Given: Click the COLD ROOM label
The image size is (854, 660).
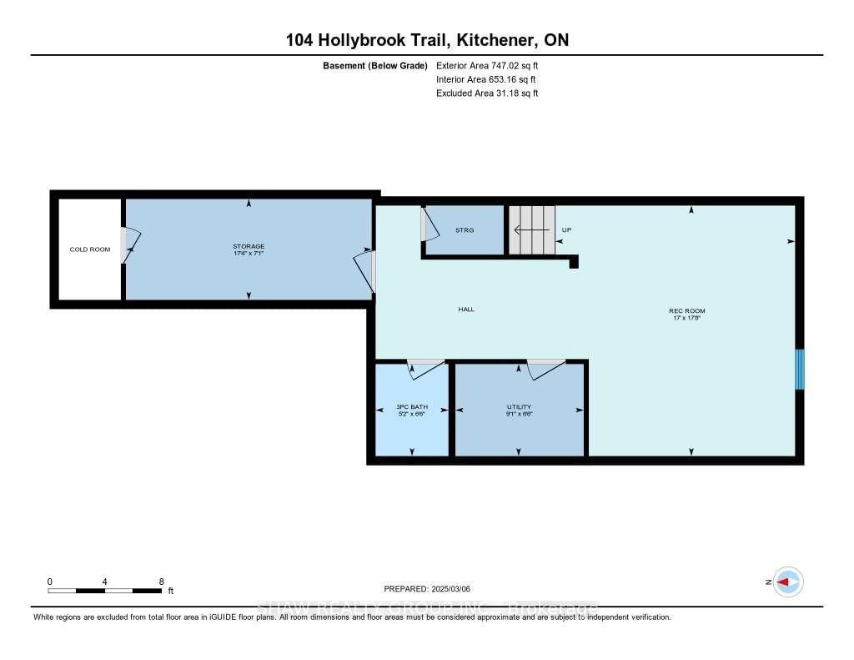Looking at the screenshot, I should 89,249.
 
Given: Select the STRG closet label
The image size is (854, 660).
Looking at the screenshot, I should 465,230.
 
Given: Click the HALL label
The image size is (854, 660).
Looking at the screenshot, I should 466,310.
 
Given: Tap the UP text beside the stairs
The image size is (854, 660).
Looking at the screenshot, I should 566,229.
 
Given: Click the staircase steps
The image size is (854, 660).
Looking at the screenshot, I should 532,229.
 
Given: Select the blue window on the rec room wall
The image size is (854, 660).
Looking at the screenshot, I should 799,369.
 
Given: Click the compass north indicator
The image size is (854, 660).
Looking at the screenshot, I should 787,582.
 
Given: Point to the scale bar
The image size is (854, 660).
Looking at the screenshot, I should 105,591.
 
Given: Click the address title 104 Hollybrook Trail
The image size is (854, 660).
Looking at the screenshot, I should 426,40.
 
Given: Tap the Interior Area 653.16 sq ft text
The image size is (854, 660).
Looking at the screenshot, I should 486,79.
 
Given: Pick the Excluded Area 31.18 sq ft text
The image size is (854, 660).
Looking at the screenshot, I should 487,93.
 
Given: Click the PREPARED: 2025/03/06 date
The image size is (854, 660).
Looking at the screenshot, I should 427,588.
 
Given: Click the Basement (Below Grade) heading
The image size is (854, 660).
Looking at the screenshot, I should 374,65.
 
